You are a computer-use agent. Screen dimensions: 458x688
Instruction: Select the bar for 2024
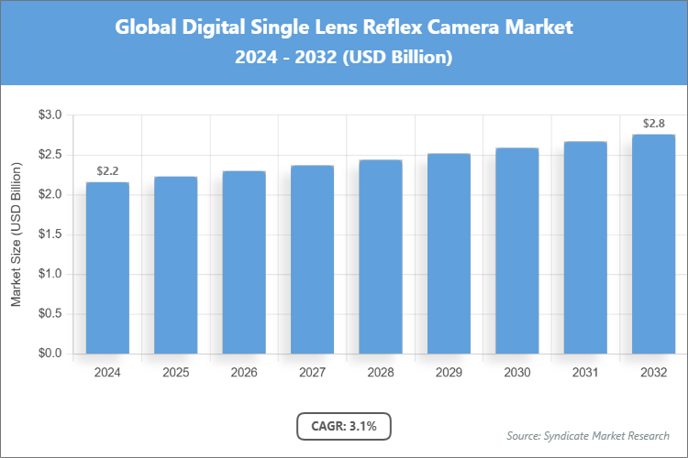pos(107,267)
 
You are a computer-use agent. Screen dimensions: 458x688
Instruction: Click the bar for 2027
pos(312,259)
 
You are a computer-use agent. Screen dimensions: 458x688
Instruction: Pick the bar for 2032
pos(653,244)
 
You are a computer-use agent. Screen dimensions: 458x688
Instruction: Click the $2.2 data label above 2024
pos(107,171)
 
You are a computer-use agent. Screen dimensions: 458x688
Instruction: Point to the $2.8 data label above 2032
pos(653,123)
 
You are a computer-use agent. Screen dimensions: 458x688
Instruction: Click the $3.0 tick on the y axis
pos(50,115)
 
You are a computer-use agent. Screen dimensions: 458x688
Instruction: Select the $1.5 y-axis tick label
pos(50,234)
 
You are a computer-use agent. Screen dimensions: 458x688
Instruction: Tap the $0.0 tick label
pos(50,354)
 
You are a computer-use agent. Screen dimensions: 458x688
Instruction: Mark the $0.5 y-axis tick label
pos(50,314)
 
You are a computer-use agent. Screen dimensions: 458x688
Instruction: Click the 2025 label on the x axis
pos(175,373)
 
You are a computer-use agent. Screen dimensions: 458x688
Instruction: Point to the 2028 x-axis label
pos(380,373)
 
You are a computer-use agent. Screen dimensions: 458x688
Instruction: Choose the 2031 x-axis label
pos(585,373)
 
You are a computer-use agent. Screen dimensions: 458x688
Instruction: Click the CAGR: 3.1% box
pos(344,426)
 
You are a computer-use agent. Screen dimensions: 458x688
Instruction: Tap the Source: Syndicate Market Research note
pos(588,435)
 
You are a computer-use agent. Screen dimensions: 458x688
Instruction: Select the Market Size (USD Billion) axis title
pos(17,234)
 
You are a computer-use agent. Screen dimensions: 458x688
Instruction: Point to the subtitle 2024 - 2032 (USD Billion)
pos(344,57)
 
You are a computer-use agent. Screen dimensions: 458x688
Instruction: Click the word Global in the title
pos(147,27)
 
